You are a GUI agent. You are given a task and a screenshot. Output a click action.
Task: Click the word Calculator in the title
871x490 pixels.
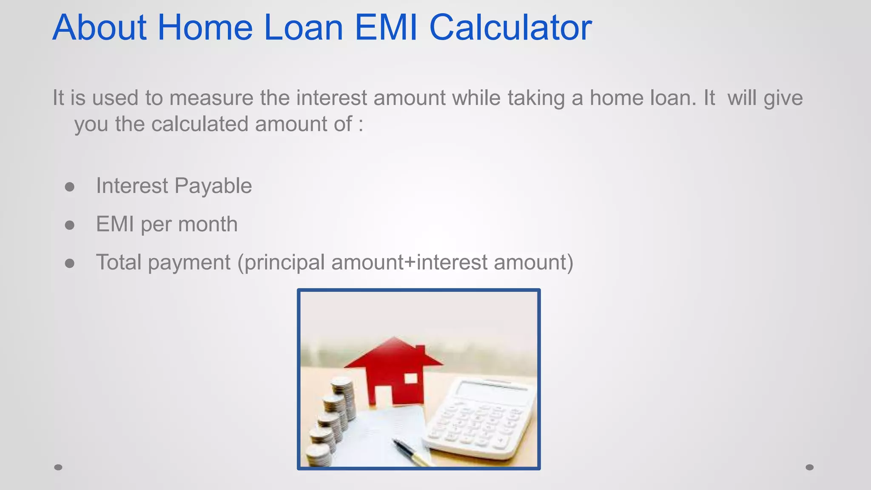coord(510,28)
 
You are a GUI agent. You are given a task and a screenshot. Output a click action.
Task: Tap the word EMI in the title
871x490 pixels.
coord(386,28)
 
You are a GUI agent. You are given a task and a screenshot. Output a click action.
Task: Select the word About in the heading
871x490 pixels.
coord(100,28)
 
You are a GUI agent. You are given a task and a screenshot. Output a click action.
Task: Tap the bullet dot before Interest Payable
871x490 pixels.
coord(70,187)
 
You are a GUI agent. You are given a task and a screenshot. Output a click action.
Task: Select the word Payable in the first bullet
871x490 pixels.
coord(213,186)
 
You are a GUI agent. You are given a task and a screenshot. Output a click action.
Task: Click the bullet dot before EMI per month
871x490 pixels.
coord(70,225)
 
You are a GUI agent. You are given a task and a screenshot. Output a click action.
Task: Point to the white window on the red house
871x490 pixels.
coord(410,378)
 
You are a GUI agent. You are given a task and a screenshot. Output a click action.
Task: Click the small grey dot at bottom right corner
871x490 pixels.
coord(809,467)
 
